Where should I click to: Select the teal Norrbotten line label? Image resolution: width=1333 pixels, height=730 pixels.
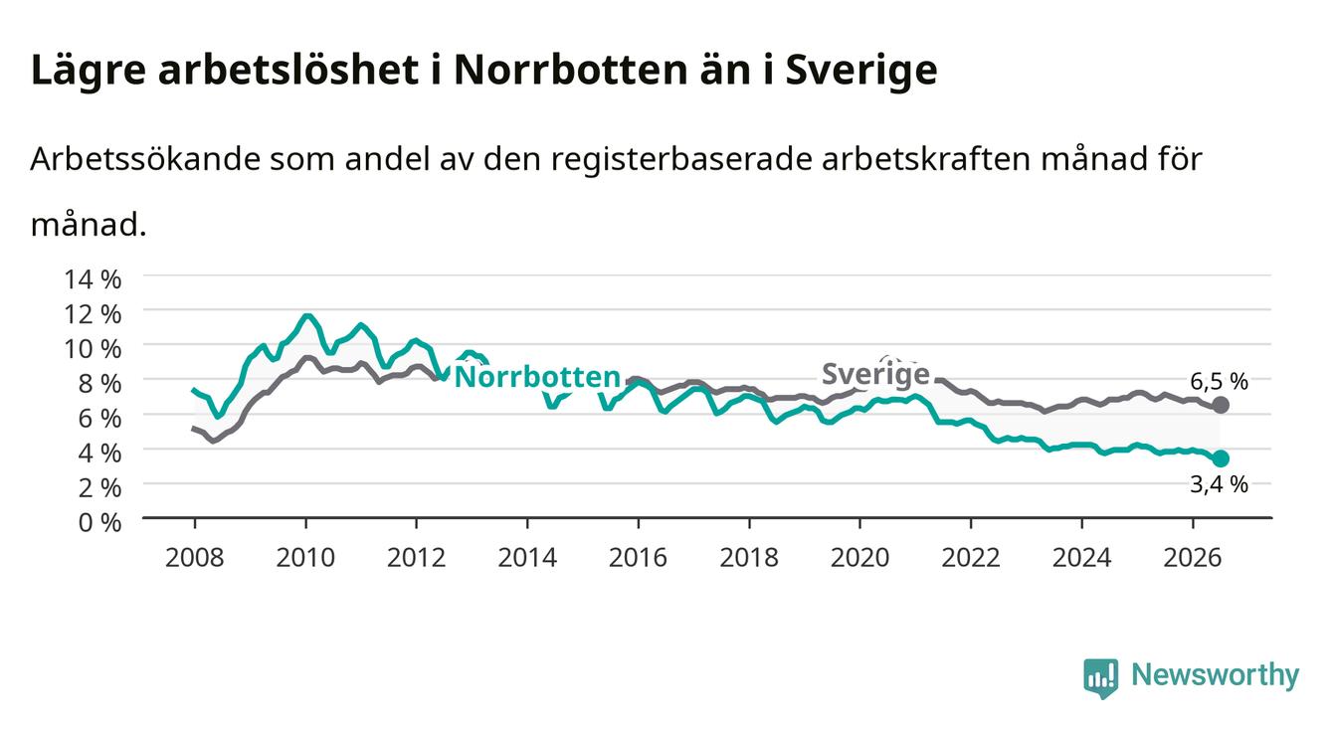click(537, 377)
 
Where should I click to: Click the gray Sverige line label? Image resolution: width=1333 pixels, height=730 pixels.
click(875, 375)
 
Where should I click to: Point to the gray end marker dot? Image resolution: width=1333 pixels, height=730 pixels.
click(1221, 405)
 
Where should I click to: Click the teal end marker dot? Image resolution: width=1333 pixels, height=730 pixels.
click(1221, 458)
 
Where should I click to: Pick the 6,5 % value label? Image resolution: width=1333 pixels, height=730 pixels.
click(1219, 381)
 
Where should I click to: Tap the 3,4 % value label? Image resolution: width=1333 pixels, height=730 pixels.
click(1219, 485)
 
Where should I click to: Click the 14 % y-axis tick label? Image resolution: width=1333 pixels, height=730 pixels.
click(93, 279)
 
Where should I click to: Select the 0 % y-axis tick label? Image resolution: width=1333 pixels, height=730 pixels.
click(99, 522)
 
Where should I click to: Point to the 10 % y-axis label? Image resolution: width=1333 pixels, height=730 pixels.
click(93, 349)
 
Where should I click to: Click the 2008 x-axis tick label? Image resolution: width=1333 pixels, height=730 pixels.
click(195, 558)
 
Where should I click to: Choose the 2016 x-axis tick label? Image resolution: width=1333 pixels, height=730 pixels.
click(638, 558)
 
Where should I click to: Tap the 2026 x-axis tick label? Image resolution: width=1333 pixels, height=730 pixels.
click(1193, 558)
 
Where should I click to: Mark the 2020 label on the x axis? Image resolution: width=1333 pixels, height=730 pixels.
click(859, 558)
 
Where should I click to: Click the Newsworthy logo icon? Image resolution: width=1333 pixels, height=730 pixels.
click(1101, 678)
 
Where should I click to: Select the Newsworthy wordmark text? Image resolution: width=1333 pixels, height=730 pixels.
click(1216, 675)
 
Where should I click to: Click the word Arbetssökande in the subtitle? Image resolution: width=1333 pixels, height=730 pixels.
click(145, 159)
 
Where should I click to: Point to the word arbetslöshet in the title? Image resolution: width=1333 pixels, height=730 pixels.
click(288, 70)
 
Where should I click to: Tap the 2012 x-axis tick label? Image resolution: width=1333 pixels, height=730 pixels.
click(417, 558)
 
